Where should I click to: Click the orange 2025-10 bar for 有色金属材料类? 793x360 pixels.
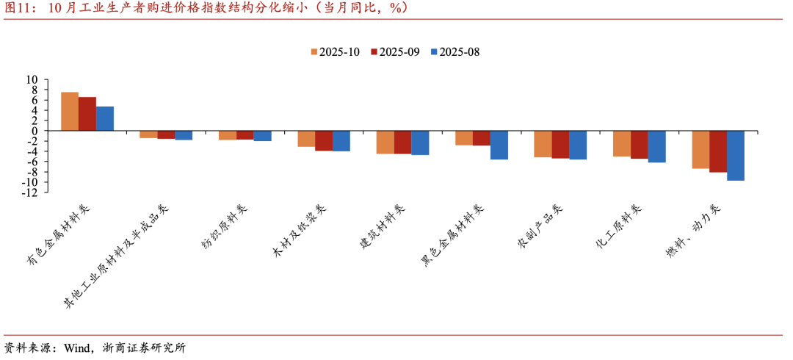70,112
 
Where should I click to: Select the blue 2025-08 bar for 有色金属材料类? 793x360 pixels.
105,119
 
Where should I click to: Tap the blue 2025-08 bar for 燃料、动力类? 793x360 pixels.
736,155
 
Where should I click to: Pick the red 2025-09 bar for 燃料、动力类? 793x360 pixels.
718,151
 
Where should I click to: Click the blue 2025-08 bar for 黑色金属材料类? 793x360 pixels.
499,145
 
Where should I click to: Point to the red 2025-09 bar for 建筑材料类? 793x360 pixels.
402,142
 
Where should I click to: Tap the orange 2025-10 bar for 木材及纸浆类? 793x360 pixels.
306,139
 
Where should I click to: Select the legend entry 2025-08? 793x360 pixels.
455,52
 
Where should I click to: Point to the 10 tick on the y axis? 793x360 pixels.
32,79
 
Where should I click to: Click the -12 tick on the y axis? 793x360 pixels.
30,192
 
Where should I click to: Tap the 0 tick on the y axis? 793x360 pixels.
35,131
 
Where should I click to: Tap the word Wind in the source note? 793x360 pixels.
79,348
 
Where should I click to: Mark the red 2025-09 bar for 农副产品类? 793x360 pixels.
560,145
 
